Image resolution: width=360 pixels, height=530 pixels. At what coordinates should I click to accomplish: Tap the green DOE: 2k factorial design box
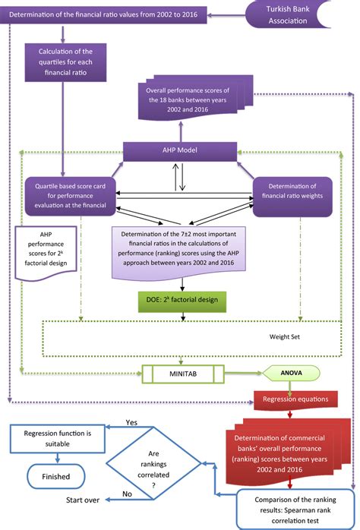coord(182,299)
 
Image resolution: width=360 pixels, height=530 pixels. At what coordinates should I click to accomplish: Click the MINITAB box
coord(183,373)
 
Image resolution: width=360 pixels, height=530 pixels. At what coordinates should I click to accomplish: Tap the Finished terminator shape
coord(57,478)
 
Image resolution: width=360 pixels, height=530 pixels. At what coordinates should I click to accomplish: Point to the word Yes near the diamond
coord(131,421)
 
